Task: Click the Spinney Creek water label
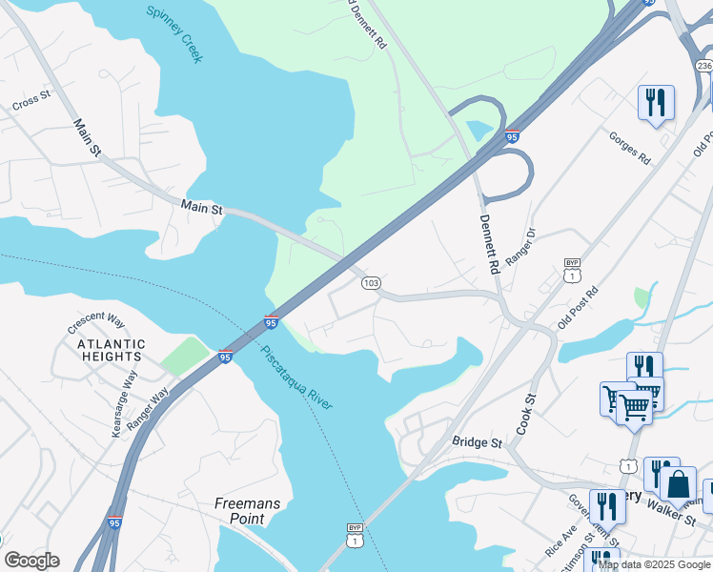pyautogui.click(x=174, y=34)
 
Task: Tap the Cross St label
pyautogui.click(x=31, y=100)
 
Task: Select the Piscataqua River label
pyautogui.click(x=296, y=378)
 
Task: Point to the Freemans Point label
pyautogui.click(x=239, y=510)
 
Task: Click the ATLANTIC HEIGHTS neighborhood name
pyautogui.click(x=112, y=350)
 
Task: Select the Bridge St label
pyautogui.click(x=477, y=442)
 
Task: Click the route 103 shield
pyautogui.click(x=372, y=283)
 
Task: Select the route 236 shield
pyautogui.click(x=703, y=65)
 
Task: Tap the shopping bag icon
pyautogui.click(x=679, y=484)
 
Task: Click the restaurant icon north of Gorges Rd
pyautogui.click(x=656, y=102)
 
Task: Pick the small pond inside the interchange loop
pyautogui.click(x=480, y=132)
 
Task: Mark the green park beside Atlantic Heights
pyautogui.click(x=185, y=356)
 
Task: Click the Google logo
pyautogui.click(x=31, y=561)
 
